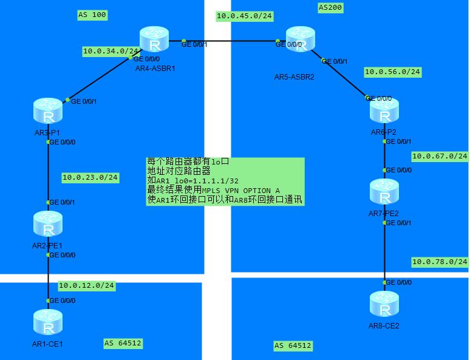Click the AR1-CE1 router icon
[49, 322]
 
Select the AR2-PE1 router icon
[49, 225]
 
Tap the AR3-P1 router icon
[49, 112]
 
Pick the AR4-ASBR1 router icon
[155, 41]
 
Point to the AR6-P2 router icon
[384, 111]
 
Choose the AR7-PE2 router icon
[384, 192]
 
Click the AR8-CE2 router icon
[384, 305]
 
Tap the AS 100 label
[92, 15]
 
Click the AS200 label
[331, 7]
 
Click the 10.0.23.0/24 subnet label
[90, 178]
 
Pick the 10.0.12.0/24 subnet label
[86, 285]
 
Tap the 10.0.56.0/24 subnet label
[392, 72]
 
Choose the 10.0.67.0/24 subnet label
[440, 156]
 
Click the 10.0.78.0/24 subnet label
[440, 262]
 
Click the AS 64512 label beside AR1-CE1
[123, 343]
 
